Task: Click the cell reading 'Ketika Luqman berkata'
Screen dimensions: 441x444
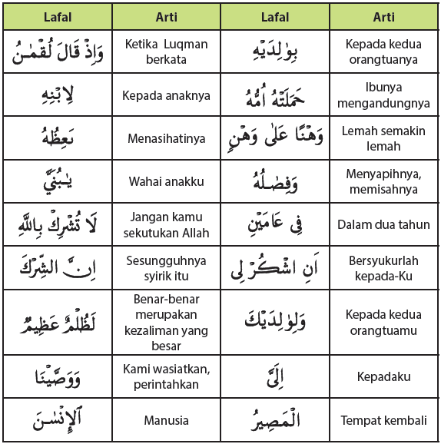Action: pos(165,51)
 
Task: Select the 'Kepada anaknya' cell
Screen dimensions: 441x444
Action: pos(165,96)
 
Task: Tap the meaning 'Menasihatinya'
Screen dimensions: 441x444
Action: pos(165,139)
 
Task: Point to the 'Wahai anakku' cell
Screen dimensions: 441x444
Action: pos(165,182)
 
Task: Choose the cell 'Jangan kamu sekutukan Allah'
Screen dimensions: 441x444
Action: pos(165,225)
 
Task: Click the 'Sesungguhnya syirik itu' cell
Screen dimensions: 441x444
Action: pos(165,268)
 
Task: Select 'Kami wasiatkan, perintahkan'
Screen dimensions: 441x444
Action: pos(165,376)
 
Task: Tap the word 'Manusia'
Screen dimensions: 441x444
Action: pos(165,420)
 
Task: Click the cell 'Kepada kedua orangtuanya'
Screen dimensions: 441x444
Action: pos(384,51)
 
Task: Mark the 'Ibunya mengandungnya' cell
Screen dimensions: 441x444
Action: pos(384,96)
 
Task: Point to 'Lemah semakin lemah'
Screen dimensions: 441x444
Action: pos(384,139)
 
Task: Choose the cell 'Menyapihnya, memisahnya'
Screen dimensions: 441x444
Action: pos(384,182)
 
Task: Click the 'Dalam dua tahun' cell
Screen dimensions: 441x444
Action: pos(384,225)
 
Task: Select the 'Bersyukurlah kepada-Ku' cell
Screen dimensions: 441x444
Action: pos(384,268)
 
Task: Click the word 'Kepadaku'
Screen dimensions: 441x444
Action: pos(384,377)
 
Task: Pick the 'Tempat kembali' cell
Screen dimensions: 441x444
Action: pos(384,420)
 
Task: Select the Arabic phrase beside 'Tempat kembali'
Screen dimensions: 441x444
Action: pos(275,420)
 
